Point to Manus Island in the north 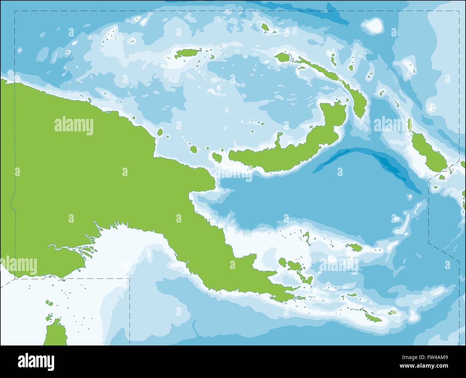pos(185,54)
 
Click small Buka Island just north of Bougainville pos(410,125)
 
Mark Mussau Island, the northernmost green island pos(265,28)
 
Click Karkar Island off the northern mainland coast pos(160,132)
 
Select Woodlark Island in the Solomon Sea pos(355,247)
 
